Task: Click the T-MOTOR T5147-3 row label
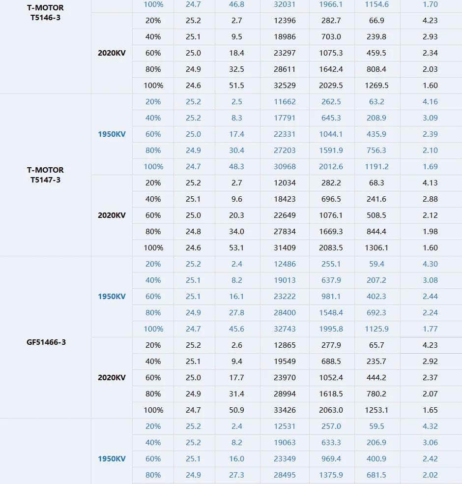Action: (45, 175)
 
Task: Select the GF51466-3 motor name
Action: (46, 342)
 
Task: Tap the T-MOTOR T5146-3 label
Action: (45, 13)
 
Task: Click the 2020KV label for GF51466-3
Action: (112, 377)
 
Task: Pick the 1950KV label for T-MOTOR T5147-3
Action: (112, 134)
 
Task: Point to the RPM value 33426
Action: (285, 410)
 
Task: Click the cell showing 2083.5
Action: (331, 247)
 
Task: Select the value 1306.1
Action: (376, 247)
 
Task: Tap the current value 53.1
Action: (236, 247)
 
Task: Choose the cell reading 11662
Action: (285, 101)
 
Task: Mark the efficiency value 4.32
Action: (430, 426)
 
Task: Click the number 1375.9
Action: (331, 475)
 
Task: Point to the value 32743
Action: (285, 329)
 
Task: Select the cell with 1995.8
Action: (331, 329)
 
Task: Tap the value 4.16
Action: (430, 101)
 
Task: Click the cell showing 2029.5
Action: (331, 85)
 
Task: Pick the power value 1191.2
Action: (376, 166)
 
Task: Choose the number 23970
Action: (285, 377)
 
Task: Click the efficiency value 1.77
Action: (430, 329)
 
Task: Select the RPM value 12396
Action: (285, 20)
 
